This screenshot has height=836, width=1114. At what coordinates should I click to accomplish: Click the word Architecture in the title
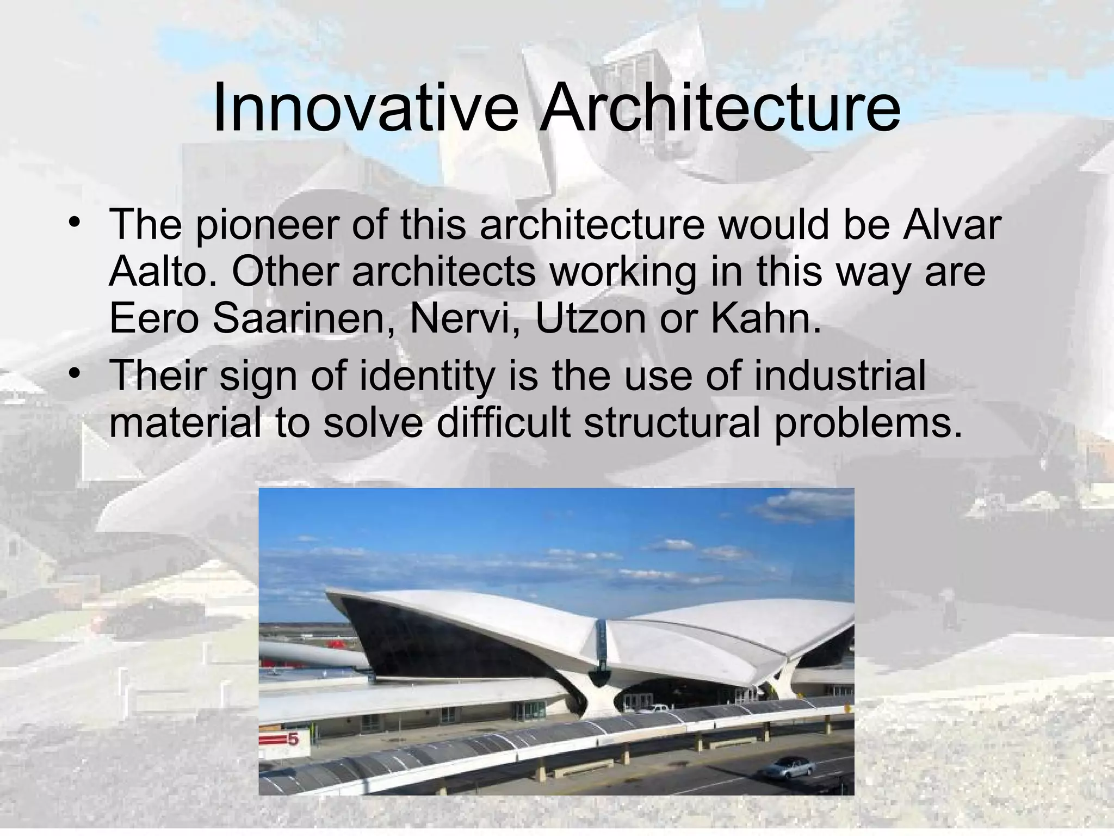(x=719, y=108)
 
